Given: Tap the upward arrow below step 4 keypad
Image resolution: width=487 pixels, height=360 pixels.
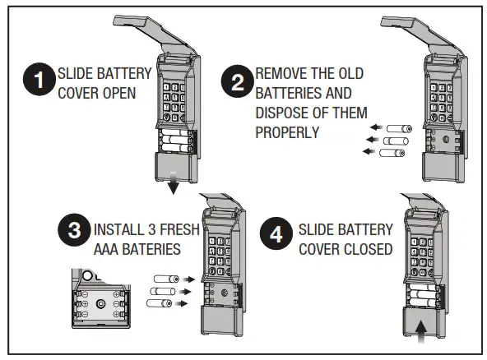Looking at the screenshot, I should (x=421, y=327).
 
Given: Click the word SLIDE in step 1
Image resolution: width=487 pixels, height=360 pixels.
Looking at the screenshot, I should (x=75, y=72).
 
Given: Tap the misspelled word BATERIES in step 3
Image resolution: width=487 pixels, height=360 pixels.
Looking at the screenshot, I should (x=158, y=248).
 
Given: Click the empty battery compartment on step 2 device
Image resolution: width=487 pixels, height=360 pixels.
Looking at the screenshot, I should (x=445, y=140).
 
